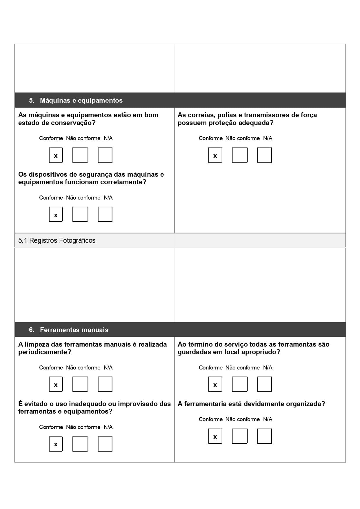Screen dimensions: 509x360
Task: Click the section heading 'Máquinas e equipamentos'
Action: [81, 100]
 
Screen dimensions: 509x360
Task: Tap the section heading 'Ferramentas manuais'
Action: [74, 330]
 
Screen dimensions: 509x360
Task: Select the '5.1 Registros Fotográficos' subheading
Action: [57, 240]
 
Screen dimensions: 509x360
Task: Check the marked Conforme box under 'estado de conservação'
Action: [56, 155]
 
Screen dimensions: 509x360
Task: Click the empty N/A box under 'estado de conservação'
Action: [105, 155]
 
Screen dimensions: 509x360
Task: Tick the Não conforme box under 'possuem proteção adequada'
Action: [240, 155]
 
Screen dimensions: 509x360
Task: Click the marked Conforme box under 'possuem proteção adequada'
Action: [215, 155]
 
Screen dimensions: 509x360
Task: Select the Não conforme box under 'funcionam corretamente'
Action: [80, 214]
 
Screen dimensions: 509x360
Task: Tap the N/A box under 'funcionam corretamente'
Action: [105, 214]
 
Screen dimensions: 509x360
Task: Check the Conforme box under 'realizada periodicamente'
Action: [56, 384]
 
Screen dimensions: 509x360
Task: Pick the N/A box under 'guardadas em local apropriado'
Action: [264, 384]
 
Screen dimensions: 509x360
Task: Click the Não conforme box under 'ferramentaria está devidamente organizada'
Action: [240, 436]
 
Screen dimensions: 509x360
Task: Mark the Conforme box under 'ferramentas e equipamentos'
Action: [56, 444]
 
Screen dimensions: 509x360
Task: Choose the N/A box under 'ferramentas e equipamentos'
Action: [105, 444]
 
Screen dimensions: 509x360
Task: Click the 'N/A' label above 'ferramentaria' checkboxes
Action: [268, 419]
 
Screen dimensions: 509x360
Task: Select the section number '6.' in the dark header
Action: [32, 330]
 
